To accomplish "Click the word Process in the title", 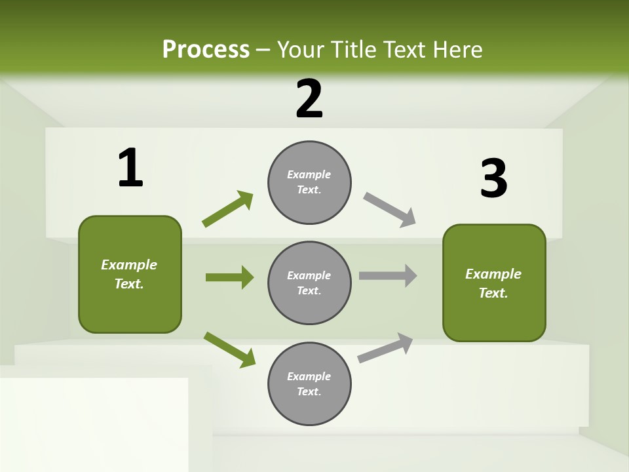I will [206, 49].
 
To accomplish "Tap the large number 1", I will [130, 168].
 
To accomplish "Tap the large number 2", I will [309, 99].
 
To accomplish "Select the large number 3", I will [493, 179].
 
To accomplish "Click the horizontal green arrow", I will [229, 277].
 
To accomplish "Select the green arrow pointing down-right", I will [229, 349].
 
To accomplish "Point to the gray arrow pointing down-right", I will [389, 209].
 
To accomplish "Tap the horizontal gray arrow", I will [388, 276].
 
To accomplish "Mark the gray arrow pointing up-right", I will [385, 348].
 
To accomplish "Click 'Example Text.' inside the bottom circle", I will [309, 384].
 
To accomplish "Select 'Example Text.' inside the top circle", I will [309, 182].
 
